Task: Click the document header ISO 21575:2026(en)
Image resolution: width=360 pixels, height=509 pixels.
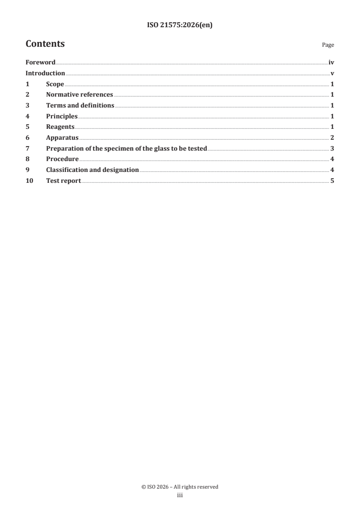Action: [x=180, y=25]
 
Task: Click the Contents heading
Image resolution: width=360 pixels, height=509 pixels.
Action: [x=45, y=44]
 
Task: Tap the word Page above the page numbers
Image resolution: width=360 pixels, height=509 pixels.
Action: [x=328, y=45]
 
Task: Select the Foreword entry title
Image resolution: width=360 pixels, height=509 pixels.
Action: [x=40, y=63]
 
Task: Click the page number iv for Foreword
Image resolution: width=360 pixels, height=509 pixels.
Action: [x=331, y=63]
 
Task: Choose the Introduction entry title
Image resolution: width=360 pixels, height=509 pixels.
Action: [x=45, y=73]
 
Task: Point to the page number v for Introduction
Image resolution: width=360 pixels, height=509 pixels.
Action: [x=332, y=73]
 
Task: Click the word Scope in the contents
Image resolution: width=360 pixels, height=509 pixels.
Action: [x=55, y=84]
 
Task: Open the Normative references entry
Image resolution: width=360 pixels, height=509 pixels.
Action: [x=79, y=95]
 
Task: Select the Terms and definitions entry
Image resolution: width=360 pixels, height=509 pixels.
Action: [x=80, y=106]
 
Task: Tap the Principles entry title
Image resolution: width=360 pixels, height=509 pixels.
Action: [x=62, y=116]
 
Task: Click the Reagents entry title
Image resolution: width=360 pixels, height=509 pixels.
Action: [x=60, y=127]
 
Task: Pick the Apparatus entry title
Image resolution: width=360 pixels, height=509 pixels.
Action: [x=62, y=137]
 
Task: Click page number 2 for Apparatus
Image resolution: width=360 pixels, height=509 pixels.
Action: [x=332, y=137]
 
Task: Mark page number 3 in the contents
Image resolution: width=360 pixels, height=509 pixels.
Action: [x=332, y=148]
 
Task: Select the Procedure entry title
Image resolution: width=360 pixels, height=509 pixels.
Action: [x=62, y=159]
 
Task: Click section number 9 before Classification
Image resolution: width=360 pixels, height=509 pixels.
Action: [x=27, y=170]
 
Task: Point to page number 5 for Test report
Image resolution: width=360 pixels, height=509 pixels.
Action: [x=332, y=181]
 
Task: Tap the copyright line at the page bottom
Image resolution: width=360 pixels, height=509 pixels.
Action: [x=180, y=487]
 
